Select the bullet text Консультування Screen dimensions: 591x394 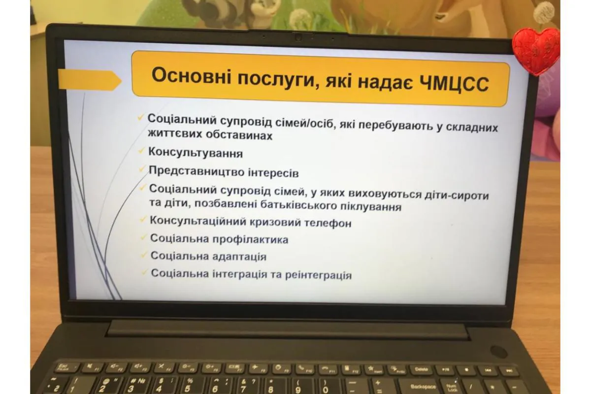[x=196, y=153]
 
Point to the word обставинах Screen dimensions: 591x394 [x=239, y=135]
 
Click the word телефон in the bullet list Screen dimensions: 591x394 [x=328, y=223]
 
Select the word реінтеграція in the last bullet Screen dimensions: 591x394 [x=319, y=275]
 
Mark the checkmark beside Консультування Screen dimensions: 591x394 [x=141, y=150]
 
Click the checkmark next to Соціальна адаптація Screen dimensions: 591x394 [x=143, y=255]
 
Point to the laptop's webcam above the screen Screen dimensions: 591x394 [x=298, y=37]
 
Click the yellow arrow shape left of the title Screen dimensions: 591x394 [x=90, y=80]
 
